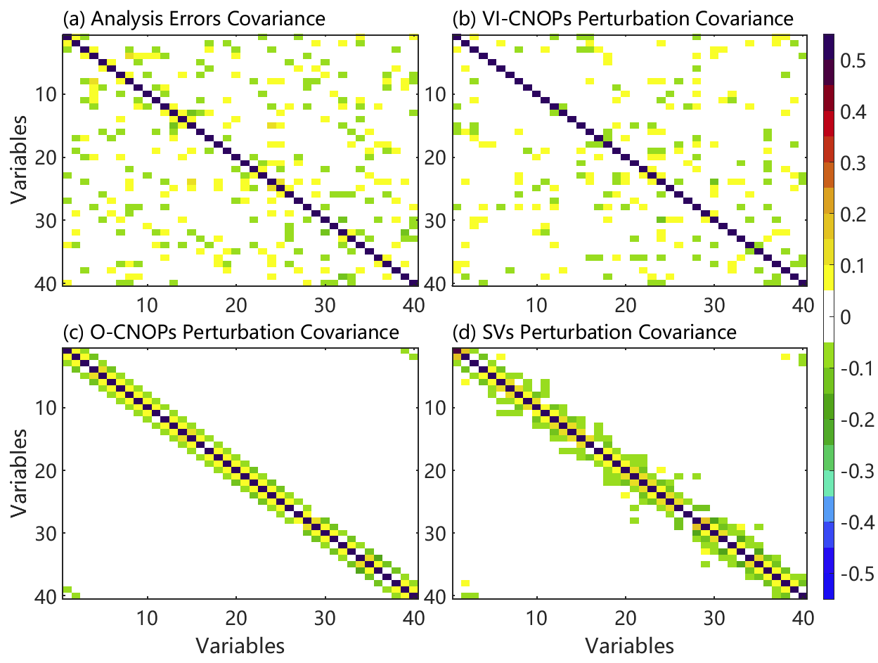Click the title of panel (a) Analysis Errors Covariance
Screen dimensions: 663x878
coord(194,19)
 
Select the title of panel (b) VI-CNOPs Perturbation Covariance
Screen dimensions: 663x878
coord(624,19)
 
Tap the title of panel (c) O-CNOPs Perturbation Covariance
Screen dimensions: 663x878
coord(231,331)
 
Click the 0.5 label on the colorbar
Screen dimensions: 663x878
coord(851,61)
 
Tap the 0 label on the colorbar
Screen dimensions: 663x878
coord(846,317)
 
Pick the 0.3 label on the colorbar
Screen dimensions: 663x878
coord(851,164)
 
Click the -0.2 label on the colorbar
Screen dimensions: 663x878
coord(854,420)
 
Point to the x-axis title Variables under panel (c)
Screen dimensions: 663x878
coord(240,645)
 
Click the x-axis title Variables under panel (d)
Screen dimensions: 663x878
coord(630,645)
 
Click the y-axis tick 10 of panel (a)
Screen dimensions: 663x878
coord(49,94)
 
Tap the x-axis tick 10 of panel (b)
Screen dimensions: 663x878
coord(537,304)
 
